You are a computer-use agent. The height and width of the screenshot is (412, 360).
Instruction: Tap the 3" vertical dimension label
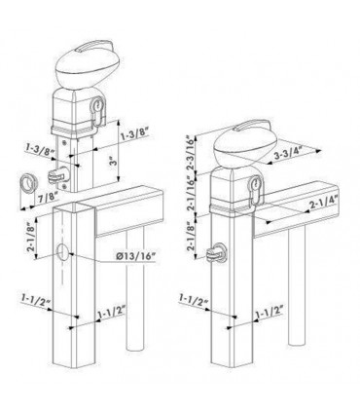pyautogui.click(x=112, y=162)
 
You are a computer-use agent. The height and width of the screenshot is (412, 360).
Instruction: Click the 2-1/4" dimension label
pyautogui.click(x=323, y=204)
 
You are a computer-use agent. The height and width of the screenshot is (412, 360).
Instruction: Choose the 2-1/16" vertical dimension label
pyautogui.click(x=192, y=193)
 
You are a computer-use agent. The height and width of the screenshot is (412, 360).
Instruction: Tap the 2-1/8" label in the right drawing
pyautogui.click(x=190, y=235)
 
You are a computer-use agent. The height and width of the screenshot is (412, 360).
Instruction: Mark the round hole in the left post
pyautogui.click(x=62, y=252)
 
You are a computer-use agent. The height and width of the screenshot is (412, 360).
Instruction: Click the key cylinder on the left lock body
pyautogui.click(x=97, y=111)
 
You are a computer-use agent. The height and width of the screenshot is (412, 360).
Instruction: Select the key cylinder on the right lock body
pyautogui.click(x=256, y=191)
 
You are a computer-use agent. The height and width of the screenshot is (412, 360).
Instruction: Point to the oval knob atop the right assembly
pyautogui.click(x=246, y=144)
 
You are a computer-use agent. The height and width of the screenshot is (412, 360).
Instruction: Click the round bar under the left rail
pyautogui.click(x=135, y=289)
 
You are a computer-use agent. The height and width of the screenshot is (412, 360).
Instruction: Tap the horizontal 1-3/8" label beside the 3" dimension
pyautogui.click(x=135, y=133)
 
